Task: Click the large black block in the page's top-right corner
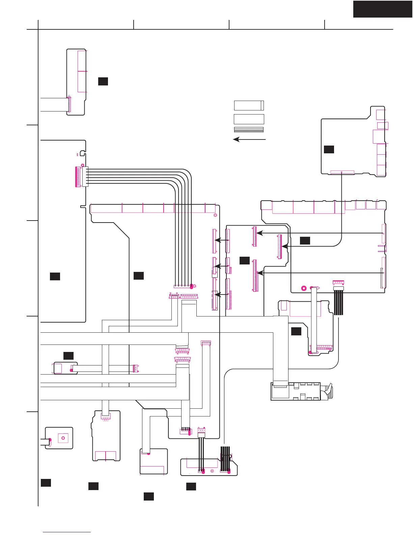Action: [x=382, y=9]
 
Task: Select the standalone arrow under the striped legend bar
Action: [x=249, y=139]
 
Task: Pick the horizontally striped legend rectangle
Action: [x=249, y=130]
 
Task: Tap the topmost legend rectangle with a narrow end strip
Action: [x=249, y=105]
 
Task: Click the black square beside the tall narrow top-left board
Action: [x=103, y=81]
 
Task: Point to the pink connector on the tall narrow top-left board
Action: [x=70, y=104]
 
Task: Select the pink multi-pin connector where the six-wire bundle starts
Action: [x=78, y=177]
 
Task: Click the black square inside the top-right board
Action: [x=329, y=149]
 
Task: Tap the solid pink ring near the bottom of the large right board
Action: [x=304, y=288]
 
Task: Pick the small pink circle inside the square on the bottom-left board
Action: [x=63, y=438]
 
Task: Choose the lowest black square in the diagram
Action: [x=149, y=496]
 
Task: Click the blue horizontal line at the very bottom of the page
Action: [x=67, y=532]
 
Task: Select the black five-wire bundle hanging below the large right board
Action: [x=338, y=303]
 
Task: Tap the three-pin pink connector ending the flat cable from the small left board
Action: [x=136, y=369]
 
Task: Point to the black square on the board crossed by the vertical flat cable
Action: [x=296, y=331]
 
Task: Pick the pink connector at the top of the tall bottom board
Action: [x=106, y=417]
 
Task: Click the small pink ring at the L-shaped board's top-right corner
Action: [x=215, y=215]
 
